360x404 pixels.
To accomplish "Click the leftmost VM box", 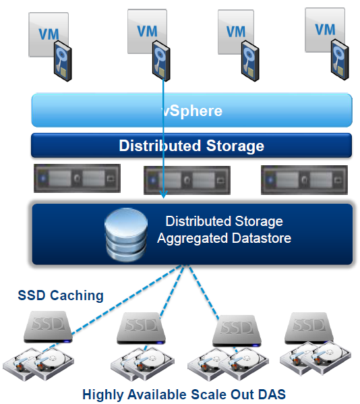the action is [49, 34].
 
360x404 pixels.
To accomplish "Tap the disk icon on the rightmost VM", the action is [340, 59].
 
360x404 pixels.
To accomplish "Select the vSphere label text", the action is [192, 111].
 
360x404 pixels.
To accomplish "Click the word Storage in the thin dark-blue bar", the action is [235, 146].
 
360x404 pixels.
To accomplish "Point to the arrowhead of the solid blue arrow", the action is [163, 194].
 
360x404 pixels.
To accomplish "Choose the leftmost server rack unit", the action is [78, 178].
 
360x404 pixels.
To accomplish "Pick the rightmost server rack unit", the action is [304, 180].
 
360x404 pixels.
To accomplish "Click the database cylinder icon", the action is [126, 235].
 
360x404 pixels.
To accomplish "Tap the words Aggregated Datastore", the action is [224, 238].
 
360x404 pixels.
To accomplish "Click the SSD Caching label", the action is [61, 295].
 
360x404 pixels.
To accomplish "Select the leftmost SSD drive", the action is [48, 327].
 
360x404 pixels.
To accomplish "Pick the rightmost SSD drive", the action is [309, 328].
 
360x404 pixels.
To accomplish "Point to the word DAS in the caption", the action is [272, 394].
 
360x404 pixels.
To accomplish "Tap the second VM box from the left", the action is [147, 32].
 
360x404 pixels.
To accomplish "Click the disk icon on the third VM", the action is [250, 61].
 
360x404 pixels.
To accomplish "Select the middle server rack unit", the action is [187, 180].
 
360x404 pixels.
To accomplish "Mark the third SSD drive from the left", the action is [237, 331].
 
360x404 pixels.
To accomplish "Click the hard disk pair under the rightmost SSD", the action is [316, 358].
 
